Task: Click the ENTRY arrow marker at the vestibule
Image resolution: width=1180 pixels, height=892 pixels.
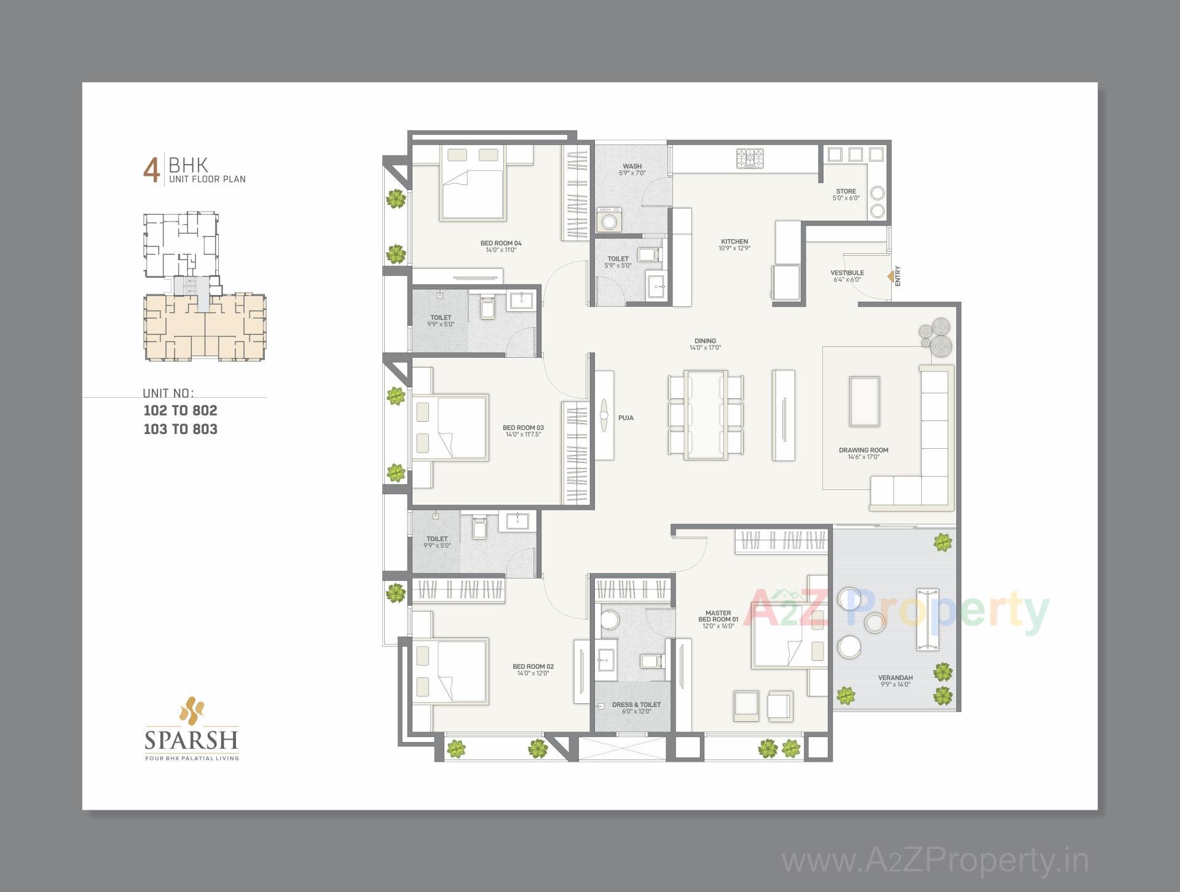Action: click(891, 277)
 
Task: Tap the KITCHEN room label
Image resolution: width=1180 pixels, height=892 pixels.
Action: click(734, 242)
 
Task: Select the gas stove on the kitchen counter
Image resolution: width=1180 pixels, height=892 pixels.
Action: click(750, 159)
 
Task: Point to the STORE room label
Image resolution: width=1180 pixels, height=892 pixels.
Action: click(846, 191)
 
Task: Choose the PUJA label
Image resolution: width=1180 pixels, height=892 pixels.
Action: click(626, 418)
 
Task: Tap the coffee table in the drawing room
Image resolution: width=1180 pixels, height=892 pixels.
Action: click(864, 401)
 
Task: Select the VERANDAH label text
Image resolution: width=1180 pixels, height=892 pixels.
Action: click(895, 677)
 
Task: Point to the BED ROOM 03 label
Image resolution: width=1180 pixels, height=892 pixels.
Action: click(523, 428)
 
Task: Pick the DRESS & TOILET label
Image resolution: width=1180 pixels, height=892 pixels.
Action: click(636, 705)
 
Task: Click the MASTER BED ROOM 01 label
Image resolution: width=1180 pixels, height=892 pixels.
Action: click(718, 616)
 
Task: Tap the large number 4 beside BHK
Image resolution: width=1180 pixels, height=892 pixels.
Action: click(151, 171)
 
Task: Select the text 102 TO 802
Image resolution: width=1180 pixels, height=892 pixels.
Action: click(180, 411)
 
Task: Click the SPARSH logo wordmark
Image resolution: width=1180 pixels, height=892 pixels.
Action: click(191, 740)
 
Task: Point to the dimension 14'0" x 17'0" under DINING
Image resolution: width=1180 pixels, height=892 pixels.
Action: click(705, 348)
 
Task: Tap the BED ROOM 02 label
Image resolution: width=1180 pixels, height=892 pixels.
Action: click(533, 666)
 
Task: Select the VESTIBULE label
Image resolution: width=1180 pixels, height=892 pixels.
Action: click(847, 272)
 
